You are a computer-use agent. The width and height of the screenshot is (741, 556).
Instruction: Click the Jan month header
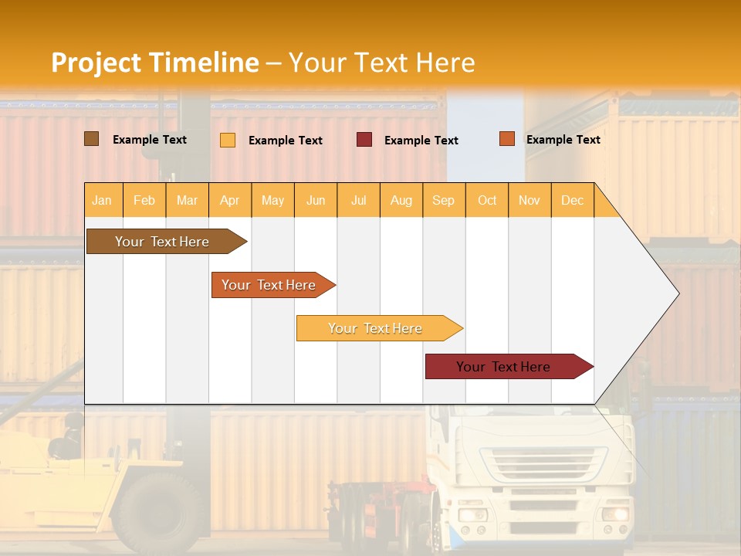102,200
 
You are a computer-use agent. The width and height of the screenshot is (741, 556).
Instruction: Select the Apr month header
229,200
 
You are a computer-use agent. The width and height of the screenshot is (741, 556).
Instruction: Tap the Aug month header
401,200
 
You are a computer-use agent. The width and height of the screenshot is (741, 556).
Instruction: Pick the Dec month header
572,200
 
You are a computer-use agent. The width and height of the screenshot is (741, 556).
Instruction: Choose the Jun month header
316,200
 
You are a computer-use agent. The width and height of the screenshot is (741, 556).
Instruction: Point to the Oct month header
487,200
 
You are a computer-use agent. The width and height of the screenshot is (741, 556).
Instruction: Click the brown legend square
91,139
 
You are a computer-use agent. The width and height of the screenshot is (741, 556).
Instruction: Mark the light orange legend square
227,140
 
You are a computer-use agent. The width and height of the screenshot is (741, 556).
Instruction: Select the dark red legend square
364,140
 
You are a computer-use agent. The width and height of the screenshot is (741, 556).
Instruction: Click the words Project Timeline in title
155,63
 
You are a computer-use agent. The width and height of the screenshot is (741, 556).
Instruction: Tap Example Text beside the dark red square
421,141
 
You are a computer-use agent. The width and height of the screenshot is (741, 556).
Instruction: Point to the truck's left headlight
472,514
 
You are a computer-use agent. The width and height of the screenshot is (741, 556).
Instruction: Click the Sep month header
443,200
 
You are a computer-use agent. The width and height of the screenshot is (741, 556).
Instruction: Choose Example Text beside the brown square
150,140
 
